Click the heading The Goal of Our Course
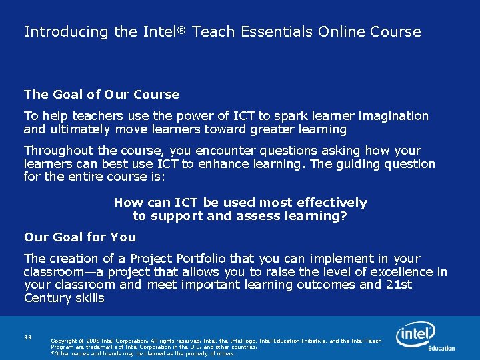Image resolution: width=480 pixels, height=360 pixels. pyautogui.click(x=101, y=95)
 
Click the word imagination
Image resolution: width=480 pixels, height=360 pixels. pyautogui.click(x=391, y=116)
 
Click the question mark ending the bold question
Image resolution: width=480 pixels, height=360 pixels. pyautogui.click(x=344, y=216)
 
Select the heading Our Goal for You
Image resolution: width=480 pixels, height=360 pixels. pyautogui.click(x=80, y=237)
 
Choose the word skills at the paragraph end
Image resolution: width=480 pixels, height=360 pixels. pyautogui.click(x=89, y=299)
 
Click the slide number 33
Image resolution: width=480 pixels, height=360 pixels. pyautogui.click(x=28, y=337)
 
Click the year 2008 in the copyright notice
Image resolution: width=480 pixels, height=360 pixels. pyautogui.click(x=94, y=341)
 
